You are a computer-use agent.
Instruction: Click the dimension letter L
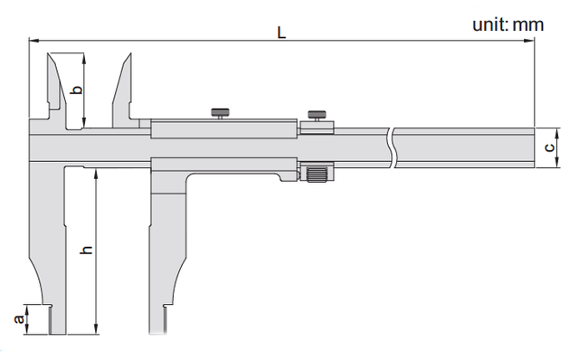[281, 33]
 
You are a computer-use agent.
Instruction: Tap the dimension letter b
[77, 90]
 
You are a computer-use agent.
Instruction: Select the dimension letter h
[87, 250]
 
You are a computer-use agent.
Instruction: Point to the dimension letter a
[18, 318]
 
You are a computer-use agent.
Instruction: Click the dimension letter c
[549, 147]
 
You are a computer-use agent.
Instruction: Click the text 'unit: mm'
[508, 24]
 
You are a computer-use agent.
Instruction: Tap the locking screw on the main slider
[220, 113]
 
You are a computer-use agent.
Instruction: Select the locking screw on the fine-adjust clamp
[317, 116]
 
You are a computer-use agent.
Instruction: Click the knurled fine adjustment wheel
[318, 174]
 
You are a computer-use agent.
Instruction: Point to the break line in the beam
[392, 147]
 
